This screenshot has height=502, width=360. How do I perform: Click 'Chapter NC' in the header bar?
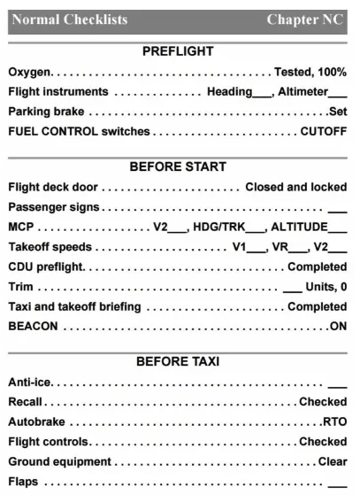click(306, 19)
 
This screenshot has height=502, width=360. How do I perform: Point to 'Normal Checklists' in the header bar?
click(70, 19)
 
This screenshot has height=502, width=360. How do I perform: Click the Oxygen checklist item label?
click(30, 72)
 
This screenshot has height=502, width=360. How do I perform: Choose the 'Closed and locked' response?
click(295, 187)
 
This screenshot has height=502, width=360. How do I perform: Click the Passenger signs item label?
click(53, 207)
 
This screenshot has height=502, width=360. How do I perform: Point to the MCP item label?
click(20, 227)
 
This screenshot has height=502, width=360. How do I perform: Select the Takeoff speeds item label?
click(50, 247)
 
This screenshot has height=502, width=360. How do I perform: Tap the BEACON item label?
click(33, 326)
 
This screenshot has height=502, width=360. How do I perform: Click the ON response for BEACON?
click(338, 326)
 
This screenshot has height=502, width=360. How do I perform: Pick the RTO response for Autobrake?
click(335, 421)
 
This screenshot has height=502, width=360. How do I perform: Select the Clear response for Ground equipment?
click(333, 461)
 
